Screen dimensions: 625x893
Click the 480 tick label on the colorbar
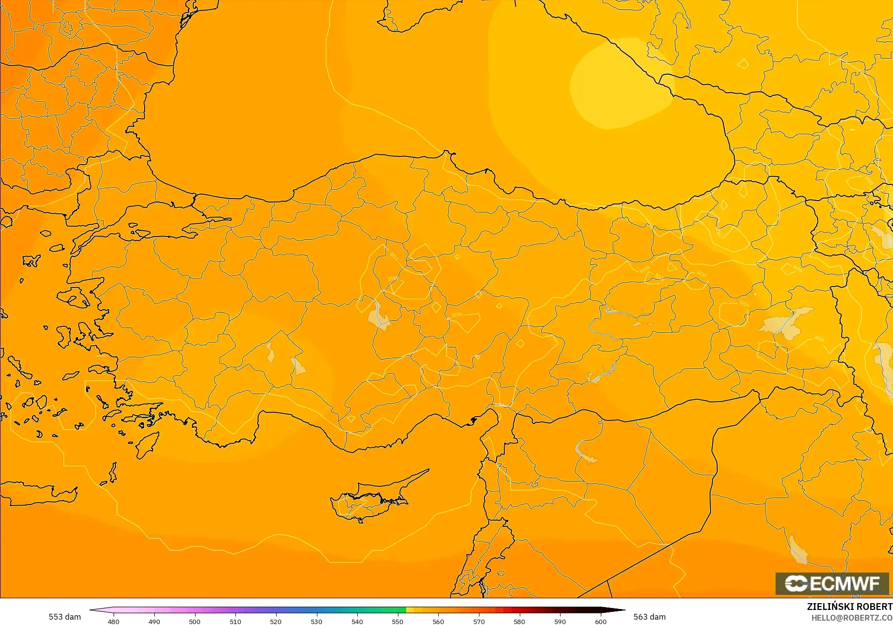click(x=113, y=622)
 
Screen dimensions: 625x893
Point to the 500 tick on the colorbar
click(x=195, y=622)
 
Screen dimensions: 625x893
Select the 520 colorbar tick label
click(x=276, y=622)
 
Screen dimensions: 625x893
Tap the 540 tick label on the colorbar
click(x=357, y=622)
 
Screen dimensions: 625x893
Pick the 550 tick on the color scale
click(x=397, y=622)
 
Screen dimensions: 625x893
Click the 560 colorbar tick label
click(x=438, y=622)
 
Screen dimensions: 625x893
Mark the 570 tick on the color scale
click(x=479, y=622)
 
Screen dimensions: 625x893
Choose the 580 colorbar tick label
click(x=519, y=622)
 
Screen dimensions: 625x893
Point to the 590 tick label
click(x=560, y=622)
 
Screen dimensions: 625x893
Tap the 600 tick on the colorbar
click(x=601, y=622)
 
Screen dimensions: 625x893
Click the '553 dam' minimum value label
click(x=65, y=617)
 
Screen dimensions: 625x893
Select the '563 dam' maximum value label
click(x=649, y=617)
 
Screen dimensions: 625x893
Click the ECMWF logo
click(x=832, y=583)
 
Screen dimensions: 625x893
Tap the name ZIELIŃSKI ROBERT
click(x=849, y=607)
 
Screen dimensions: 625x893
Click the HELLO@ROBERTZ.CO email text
click(x=852, y=618)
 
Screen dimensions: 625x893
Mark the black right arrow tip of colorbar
click(x=623, y=610)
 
